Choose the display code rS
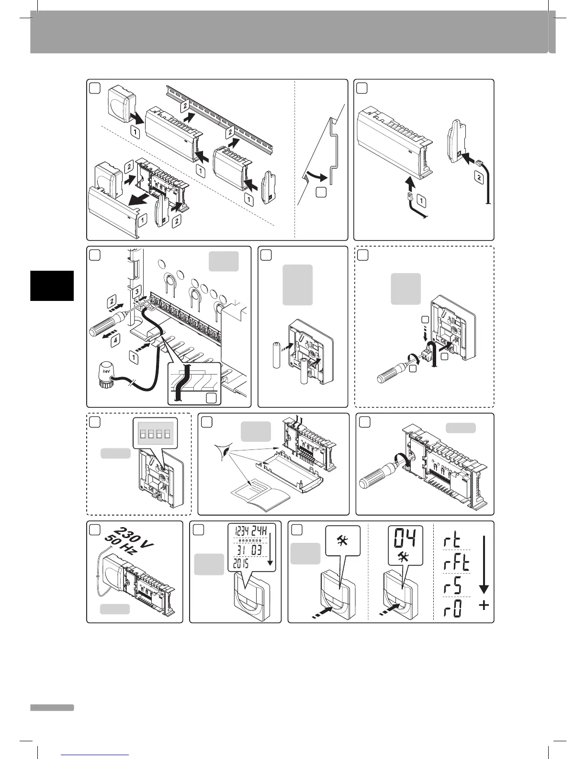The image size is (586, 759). pyautogui.click(x=451, y=586)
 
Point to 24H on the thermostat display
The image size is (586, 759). pyautogui.click(x=263, y=531)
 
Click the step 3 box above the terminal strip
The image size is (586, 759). pyautogui.click(x=137, y=290)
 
